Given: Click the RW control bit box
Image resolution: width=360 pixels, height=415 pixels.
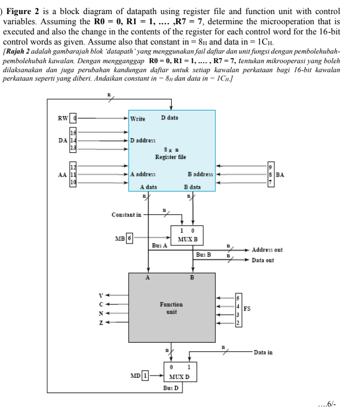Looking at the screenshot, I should (x=79, y=118).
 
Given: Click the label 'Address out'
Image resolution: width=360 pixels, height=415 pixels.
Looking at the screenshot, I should (x=267, y=250).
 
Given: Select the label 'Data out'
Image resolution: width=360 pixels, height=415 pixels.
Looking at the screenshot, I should (x=263, y=260).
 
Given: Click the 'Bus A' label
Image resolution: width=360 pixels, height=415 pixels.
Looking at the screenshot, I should (x=160, y=245).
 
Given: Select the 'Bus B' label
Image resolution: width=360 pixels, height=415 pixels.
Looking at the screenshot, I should (x=203, y=254).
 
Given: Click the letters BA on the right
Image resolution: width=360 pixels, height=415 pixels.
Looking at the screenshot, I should (x=279, y=175).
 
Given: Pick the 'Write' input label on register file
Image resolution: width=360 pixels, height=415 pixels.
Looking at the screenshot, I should (x=137, y=118).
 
